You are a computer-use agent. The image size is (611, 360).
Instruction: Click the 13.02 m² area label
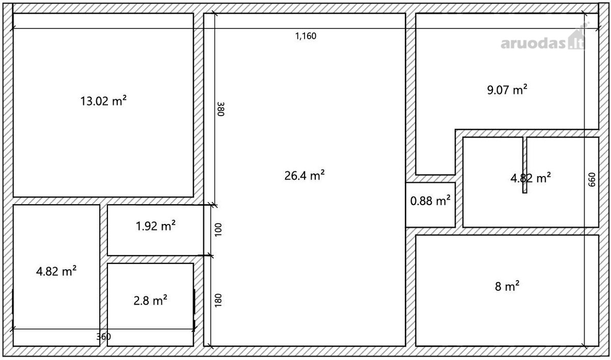click(x=103, y=101)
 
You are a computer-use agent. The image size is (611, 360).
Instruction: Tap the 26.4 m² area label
click(x=304, y=176)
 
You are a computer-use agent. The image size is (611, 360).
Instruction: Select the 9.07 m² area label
click(x=507, y=90)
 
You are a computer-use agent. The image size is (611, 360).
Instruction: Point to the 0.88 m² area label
click(x=430, y=201)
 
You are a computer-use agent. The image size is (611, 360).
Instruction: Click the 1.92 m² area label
click(x=155, y=226)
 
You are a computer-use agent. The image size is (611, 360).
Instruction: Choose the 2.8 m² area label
click(x=150, y=300)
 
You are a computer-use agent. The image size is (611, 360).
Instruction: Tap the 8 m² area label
click(x=507, y=287)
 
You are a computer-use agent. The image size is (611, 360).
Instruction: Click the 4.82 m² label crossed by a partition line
click(x=531, y=178)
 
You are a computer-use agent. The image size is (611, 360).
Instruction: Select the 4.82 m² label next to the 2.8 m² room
click(x=56, y=271)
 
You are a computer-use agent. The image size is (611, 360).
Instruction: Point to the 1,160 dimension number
click(x=306, y=36)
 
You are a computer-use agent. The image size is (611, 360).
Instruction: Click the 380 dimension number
click(x=220, y=109)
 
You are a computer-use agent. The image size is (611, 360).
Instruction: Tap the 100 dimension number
click(x=218, y=230)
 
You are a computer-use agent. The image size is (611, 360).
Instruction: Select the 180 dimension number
click(x=218, y=300)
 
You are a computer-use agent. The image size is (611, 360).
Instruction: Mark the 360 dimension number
click(x=104, y=337)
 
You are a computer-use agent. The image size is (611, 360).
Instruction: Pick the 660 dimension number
click(x=592, y=180)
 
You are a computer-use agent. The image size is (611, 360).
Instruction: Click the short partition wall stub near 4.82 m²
click(x=525, y=165)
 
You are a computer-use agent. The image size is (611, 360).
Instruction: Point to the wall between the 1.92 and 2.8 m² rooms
click(x=155, y=259)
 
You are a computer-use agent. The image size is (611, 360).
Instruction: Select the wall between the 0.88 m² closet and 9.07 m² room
click(x=430, y=179)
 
